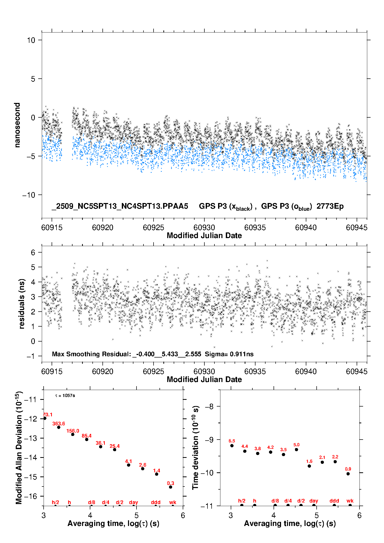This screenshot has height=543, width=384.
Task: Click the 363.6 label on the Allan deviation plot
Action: click(59, 424)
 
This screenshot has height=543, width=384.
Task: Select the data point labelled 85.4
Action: click(87, 439)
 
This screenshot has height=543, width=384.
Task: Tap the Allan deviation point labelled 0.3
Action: click(171, 487)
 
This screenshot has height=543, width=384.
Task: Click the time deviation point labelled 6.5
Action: click(232, 445)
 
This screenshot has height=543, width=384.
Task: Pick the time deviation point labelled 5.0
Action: click(297, 449)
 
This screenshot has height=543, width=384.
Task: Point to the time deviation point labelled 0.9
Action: click(348, 474)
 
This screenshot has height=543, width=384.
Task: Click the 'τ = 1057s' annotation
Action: click(65, 396)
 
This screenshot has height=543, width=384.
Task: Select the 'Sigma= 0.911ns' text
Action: click(229, 354)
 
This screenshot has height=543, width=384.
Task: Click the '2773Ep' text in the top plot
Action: click(330, 206)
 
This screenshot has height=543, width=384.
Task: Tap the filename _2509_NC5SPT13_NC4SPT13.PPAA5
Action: click(120, 206)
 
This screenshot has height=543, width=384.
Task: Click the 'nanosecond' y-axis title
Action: click(17, 125)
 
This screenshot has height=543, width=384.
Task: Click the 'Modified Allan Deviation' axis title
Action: click(19, 447)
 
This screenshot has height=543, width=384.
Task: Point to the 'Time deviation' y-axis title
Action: click(195, 448)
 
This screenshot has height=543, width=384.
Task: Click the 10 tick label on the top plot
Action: click(31, 40)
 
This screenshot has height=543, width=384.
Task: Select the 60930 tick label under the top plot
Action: click(204, 228)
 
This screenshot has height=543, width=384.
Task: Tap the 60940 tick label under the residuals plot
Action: click(306, 371)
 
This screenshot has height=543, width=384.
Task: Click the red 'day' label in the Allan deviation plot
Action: click(133, 502)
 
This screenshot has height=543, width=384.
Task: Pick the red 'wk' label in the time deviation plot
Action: click(350, 501)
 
